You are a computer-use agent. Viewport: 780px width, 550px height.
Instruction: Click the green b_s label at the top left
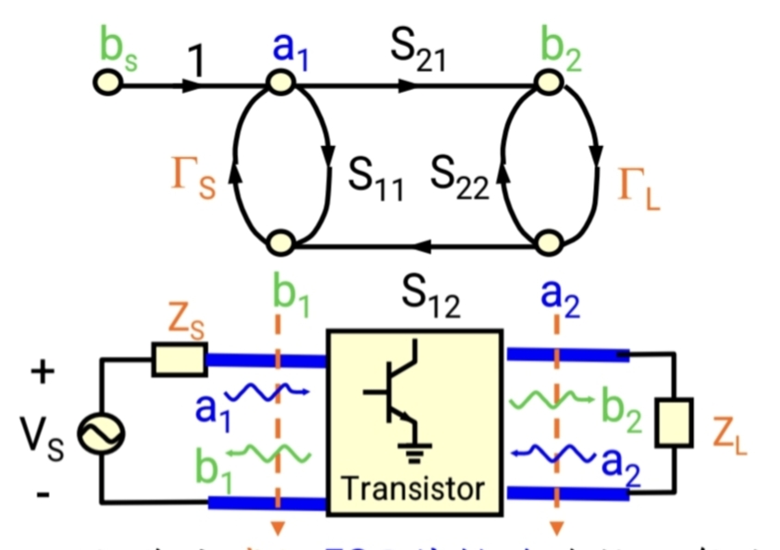click(118, 52)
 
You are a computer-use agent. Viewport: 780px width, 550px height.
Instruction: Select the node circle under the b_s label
click(107, 84)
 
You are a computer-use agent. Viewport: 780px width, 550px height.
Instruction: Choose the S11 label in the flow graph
click(376, 178)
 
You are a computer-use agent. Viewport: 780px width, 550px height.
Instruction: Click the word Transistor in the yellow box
click(414, 488)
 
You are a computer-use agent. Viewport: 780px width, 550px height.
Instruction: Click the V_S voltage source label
click(41, 434)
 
